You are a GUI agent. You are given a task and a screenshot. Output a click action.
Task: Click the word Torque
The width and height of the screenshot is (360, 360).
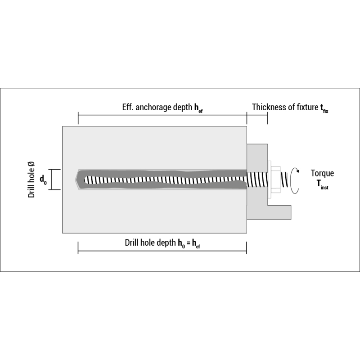click(x=322, y=173)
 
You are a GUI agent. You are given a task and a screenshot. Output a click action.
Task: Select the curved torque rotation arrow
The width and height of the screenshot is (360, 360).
click(x=295, y=180)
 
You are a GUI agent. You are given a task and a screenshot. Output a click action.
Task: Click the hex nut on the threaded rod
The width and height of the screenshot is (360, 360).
click(x=275, y=180)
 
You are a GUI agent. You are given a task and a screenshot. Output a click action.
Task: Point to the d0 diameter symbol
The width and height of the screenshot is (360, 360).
click(x=43, y=180)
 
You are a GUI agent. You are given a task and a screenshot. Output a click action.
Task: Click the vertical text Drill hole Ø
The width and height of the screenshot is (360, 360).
click(x=31, y=180)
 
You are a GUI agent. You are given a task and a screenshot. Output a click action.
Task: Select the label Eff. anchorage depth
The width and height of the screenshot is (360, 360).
click(x=157, y=107)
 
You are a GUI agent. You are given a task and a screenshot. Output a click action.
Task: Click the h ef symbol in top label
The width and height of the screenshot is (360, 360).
click(x=198, y=108)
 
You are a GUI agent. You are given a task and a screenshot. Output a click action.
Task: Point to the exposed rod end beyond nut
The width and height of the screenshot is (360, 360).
click(x=285, y=180)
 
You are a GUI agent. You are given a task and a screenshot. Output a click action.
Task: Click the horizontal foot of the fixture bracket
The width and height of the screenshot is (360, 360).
click(x=279, y=212)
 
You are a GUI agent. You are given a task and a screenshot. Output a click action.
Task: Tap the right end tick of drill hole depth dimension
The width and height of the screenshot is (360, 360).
click(x=246, y=247)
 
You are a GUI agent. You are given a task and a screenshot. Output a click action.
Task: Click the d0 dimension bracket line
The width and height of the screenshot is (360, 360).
click(x=50, y=180)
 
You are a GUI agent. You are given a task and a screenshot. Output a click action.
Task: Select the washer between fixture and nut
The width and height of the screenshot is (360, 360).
click(x=269, y=180)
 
